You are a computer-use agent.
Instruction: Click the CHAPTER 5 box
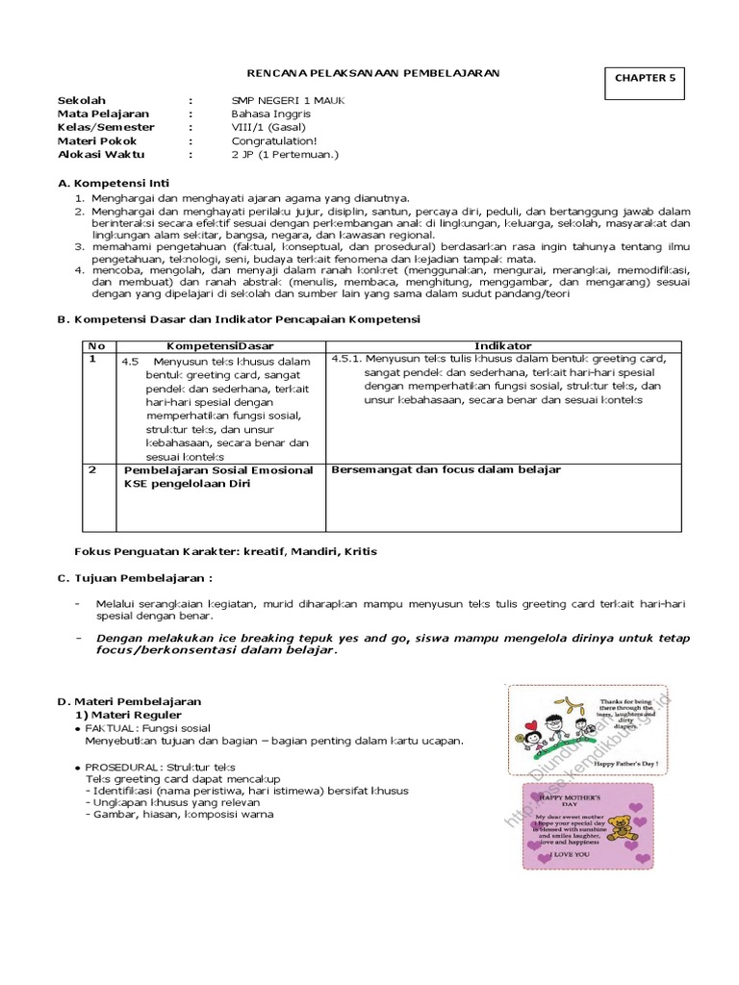pyautogui.click(x=645, y=79)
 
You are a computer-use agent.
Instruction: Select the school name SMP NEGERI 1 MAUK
pyautogui.click(x=288, y=100)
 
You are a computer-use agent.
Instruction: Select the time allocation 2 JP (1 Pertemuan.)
pyautogui.click(x=286, y=154)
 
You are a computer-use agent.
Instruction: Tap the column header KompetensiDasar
pyautogui.click(x=220, y=345)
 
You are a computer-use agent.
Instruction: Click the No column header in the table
pyautogui.click(x=95, y=345)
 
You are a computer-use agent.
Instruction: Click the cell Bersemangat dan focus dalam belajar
pyautogui.click(x=446, y=469)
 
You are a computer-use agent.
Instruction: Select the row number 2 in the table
pyautogui.click(x=92, y=469)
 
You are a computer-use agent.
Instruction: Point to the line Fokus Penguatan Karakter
pyautogui.click(x=225, y=551)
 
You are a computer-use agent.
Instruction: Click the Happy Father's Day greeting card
pyautogui.click(x=580, y=728)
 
